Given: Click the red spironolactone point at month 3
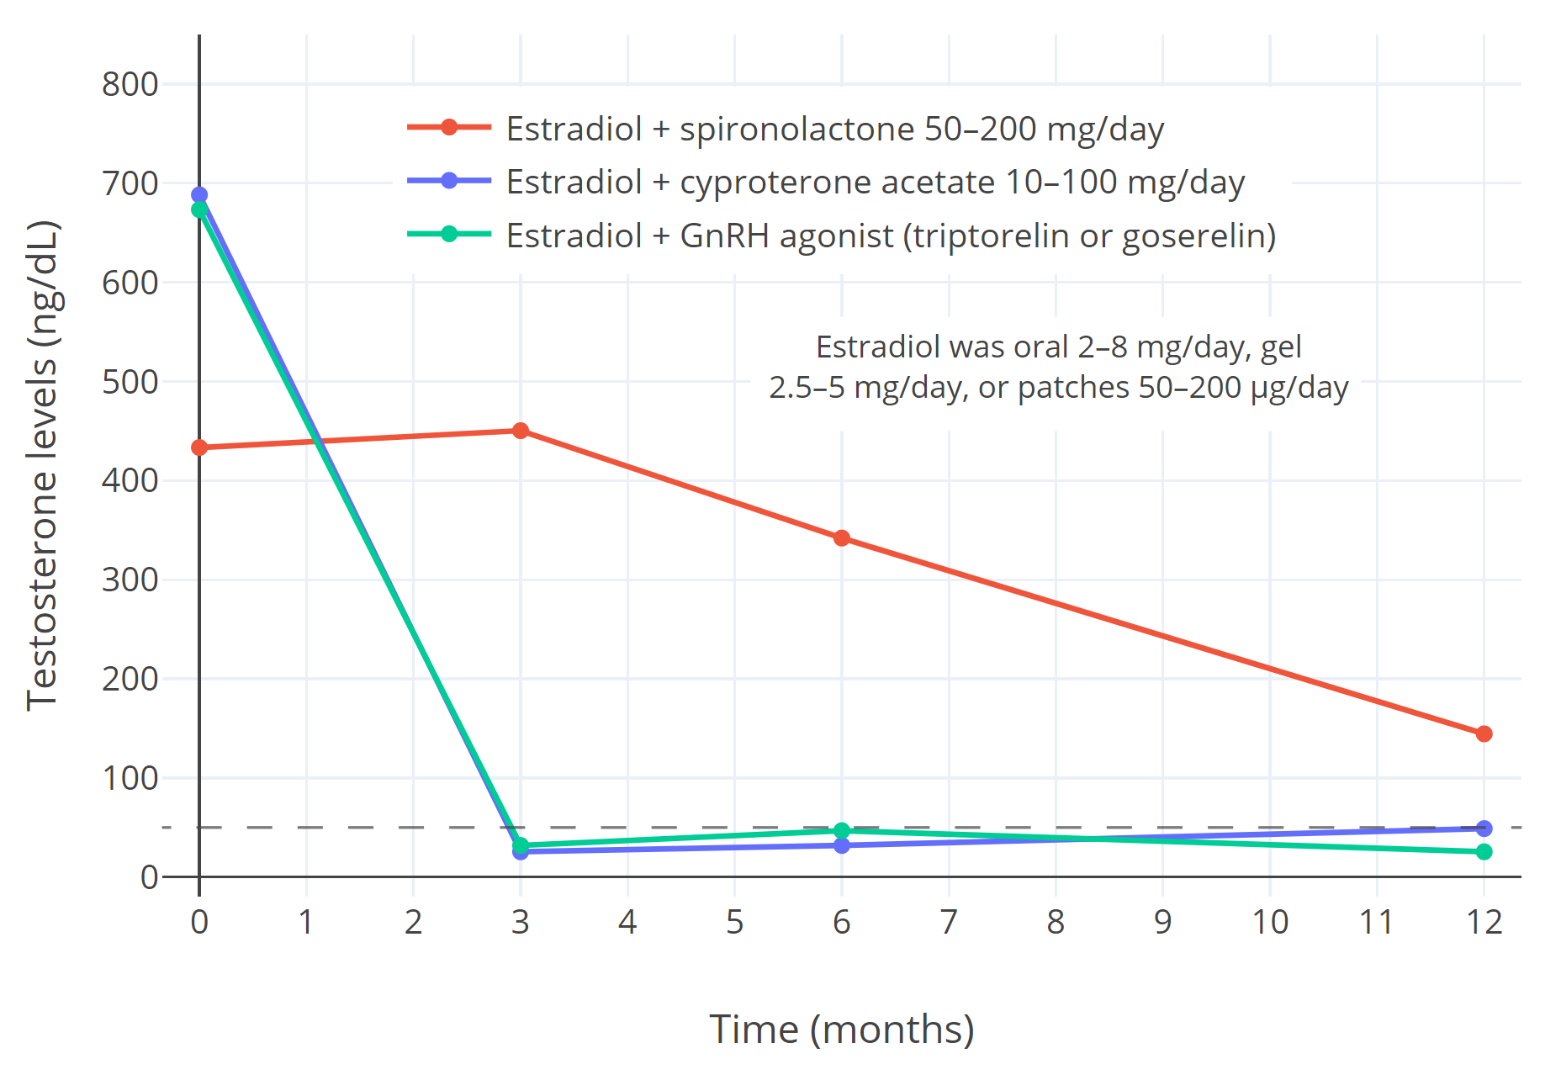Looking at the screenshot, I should (x=521, y=431).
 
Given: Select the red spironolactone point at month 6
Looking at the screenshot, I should (x=842, y=538).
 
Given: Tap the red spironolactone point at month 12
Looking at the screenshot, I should (x=1484, y=734).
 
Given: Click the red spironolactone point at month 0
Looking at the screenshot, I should (x=199, y=447).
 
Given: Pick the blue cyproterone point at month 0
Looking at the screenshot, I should (x=199, y=194).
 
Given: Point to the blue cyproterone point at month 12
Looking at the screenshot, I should (x=1484, y=829).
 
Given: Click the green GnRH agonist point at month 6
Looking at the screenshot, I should (x=842, y=831).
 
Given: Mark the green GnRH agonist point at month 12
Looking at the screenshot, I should (x=1484, y=852).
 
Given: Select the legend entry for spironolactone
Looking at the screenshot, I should (x=834, y=129).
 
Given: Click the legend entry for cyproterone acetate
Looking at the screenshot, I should (x=875, y=182).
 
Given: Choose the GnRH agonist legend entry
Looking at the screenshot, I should (x=891, y=236).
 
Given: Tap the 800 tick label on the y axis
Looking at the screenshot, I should (x=130, y=84).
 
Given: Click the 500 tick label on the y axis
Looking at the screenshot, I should (x=130, y=382).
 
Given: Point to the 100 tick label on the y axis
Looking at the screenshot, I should (x=130, y=778).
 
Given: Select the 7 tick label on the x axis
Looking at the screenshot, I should (x=949, y=923).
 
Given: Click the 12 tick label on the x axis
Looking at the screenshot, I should (x=1484, y=923).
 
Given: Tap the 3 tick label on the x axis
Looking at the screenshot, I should (x=521, y=923).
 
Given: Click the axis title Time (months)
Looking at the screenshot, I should (x=842, y=1029).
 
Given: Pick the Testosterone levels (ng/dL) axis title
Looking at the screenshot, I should (x=42, y=465).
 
